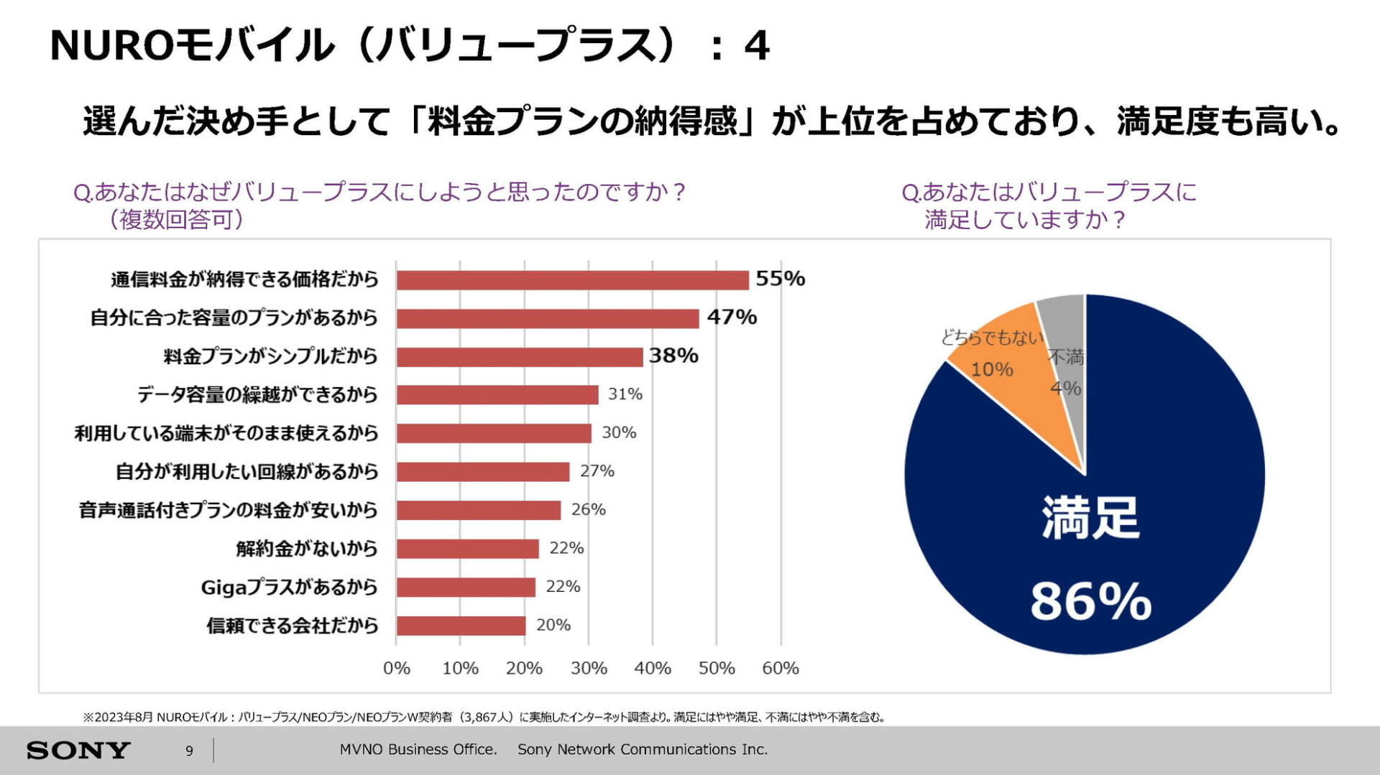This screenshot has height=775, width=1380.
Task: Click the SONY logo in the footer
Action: click(78, 751)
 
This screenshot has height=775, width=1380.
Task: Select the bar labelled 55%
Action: click(572, 280)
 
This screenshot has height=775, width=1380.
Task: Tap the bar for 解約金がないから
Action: click(467, 549)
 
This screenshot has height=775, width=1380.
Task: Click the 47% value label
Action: click(732, 317)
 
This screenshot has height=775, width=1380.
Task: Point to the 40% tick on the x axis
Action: click(652, 668)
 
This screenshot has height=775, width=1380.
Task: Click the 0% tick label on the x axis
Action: click(396, 668)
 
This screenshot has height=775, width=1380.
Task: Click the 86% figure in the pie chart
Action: click(1090, 601)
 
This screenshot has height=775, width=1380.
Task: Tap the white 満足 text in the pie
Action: click(1090, 517)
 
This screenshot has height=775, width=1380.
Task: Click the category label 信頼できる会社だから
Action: click(292, 626)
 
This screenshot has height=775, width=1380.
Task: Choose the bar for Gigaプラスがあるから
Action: click(466, 588)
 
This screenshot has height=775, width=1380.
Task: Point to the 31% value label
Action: click(625, 394)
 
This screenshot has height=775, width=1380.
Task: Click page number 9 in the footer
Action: click(189, 751)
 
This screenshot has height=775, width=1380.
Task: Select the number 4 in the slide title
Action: click(756, 46)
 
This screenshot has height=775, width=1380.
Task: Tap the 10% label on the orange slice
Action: click(992, 369)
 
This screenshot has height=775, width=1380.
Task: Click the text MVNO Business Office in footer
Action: click(418, 749)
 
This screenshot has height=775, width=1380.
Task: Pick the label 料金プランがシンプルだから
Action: click(270, 356)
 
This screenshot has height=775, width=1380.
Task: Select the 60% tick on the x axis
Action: click(781, 668)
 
